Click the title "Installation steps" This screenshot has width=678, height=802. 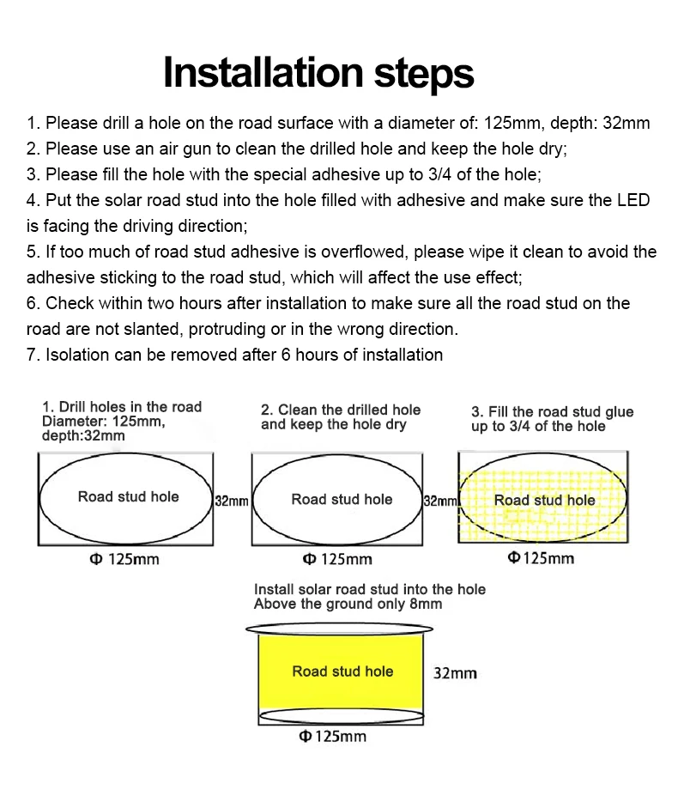(318, 72)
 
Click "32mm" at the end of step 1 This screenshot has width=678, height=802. (627, 123)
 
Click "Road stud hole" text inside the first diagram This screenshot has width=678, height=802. (129, 496)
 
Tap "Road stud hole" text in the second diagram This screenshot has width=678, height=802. (342, 499)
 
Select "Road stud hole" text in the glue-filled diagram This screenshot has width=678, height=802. (544, 500)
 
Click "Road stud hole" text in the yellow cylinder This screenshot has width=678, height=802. (342, 671)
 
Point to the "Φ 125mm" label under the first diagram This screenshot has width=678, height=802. (124, 559)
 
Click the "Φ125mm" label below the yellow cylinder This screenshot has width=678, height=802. (332, 737)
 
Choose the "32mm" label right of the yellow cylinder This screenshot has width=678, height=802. (455, 673)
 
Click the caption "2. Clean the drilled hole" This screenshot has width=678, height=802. (341, 410)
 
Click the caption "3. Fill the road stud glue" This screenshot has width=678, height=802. (552, 411)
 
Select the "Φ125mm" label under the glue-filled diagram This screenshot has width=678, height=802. (541, 558)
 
